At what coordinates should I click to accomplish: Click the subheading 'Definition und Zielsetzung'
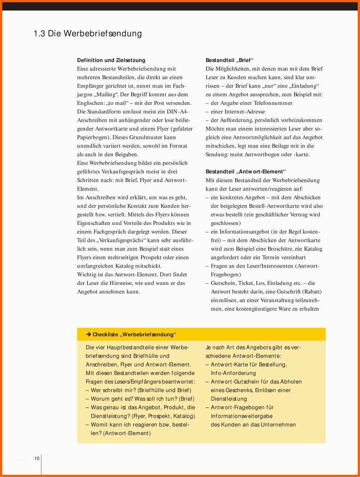point(111,60)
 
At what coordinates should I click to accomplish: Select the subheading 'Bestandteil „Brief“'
point(229,60)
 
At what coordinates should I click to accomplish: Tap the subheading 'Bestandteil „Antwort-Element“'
point(246,172)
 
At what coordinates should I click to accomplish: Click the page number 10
point(37,458)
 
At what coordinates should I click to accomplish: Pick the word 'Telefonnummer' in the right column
point(273,103)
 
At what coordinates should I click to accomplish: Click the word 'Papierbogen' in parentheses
point(94,137)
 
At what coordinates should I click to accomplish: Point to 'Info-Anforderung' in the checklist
point(233,373)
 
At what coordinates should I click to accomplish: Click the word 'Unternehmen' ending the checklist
point(278,425)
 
